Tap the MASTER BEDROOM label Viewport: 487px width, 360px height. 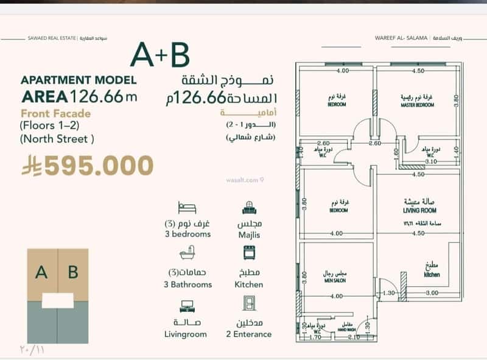[417, 105]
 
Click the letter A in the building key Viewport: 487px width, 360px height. [41, 272]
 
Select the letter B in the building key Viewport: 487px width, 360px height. [73, 272]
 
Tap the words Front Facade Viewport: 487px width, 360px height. [55, 113]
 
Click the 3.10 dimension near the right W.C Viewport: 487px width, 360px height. [433, 162]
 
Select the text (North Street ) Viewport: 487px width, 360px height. [57, 138]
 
